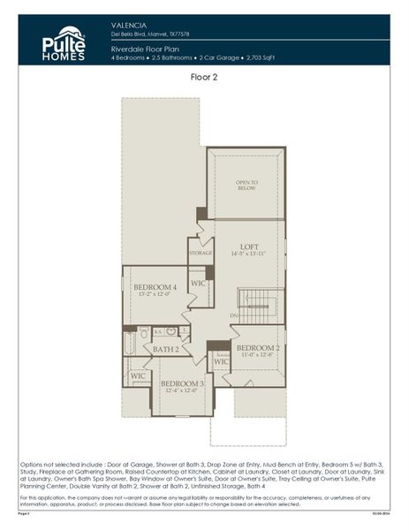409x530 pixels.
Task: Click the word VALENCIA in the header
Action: pyautogui.click(x=130, y=25)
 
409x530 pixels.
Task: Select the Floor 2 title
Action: pyautogui.click(x=205, y=77)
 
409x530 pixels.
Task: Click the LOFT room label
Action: pyautogui.click(x=248, y=247)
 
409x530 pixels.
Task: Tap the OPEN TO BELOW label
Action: pyautogui.click(x=247, y=185)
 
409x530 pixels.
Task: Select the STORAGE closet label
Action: pyautogui.click(x=201, y=254)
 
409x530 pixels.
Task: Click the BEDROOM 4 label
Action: pyautogui.click(x=155, y=287)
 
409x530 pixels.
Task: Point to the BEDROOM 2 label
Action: pyautogui.click(x=258, y=348)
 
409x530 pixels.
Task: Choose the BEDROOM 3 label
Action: pyautogui.click(x=182, y=383)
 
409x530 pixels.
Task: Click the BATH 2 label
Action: pyautogui.click(x=165, y=350)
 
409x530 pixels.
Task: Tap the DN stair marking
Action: pyautogui.click(x=234, y=314)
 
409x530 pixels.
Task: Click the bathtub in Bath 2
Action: pyautogui.click(x=130, y=342)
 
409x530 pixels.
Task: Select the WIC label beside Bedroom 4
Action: pyautogui.click(x=199, y=283)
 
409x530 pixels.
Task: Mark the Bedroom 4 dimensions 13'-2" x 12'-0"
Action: pyautogui.click(x=155, y=295)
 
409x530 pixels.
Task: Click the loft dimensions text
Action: pyautogui.click(x=248, y=255)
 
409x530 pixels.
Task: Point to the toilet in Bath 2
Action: pyautogui.click(x=170, y=331)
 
